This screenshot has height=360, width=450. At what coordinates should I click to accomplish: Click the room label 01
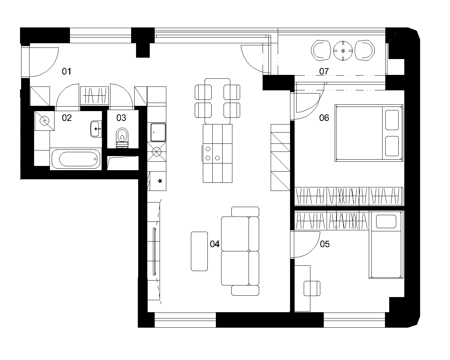tap(66, 71)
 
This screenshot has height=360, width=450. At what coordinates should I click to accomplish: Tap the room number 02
tap(67, 118)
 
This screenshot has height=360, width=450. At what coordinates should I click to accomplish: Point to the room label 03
tap(121, 118)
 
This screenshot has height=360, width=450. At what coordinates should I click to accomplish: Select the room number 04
tap(215, 244)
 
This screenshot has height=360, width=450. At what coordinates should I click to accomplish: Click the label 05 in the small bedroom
tap(325, 244)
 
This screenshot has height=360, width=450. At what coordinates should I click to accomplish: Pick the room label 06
tap(324, 118)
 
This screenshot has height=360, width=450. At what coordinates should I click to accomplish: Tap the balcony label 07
tap(324, 71)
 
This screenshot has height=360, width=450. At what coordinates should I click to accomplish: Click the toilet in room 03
tap(122, 138)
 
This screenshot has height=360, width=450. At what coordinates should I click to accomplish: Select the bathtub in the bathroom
tap(76, 159)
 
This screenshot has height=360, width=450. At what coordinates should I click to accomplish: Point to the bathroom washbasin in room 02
tap(96, 129)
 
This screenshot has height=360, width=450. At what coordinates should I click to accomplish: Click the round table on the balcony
tap(343, 51)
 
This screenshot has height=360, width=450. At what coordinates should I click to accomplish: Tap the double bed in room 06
tap(369, 133)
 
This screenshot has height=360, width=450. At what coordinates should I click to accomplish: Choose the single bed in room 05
tap(386, 245)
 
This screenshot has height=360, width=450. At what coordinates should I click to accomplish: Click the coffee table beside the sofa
tap(199, 251)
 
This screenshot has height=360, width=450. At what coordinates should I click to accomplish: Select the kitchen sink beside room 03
tap(158, 133)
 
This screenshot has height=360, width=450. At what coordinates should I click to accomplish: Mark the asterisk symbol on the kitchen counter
tap(160, 181)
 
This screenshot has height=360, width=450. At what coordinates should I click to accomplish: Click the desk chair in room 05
tap(312, 289)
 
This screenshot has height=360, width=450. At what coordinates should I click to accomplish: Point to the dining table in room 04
tap(218, 101)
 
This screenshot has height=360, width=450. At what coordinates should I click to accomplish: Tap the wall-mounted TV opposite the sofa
tap(154, 251)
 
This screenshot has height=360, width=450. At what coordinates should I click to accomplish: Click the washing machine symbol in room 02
tap(44, 121)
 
